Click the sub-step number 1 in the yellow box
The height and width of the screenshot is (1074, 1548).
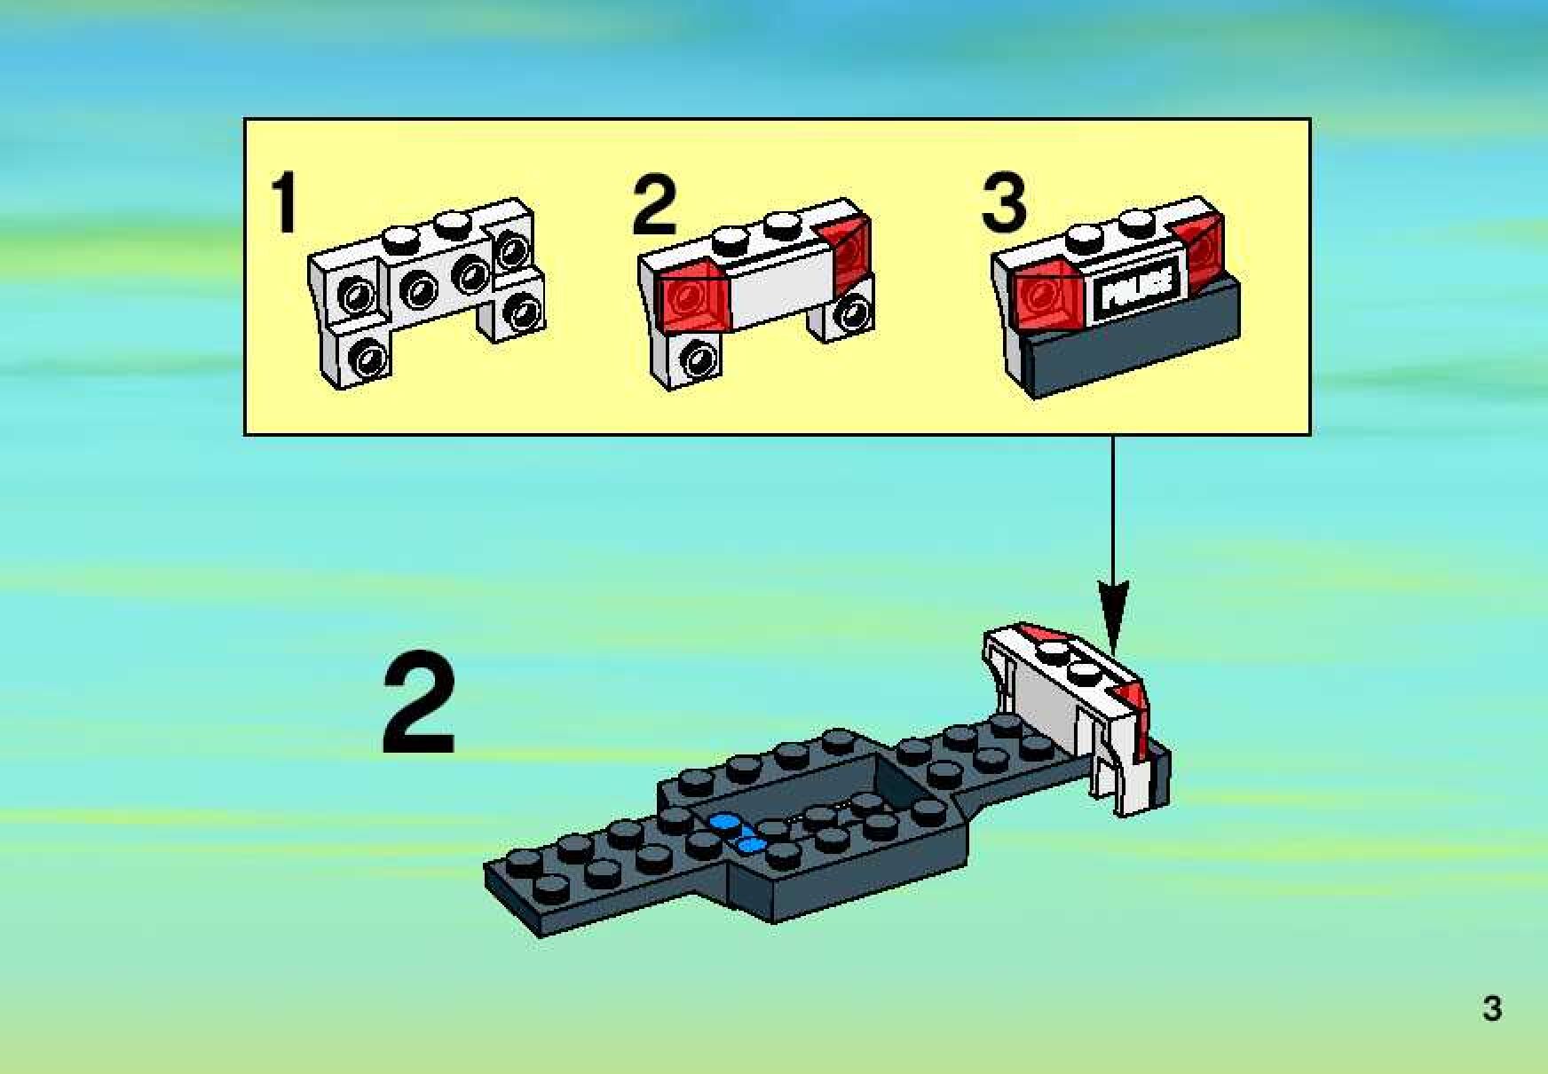284,203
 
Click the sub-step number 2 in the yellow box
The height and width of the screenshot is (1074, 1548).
654,205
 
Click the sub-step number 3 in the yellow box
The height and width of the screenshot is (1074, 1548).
1004,203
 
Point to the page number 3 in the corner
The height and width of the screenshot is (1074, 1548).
1492,1009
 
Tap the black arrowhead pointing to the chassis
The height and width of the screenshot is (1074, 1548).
1113,613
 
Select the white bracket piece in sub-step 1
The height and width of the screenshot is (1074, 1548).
427,293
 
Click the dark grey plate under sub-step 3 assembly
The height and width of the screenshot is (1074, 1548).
1132,343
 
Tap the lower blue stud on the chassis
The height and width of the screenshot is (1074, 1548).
752,844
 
